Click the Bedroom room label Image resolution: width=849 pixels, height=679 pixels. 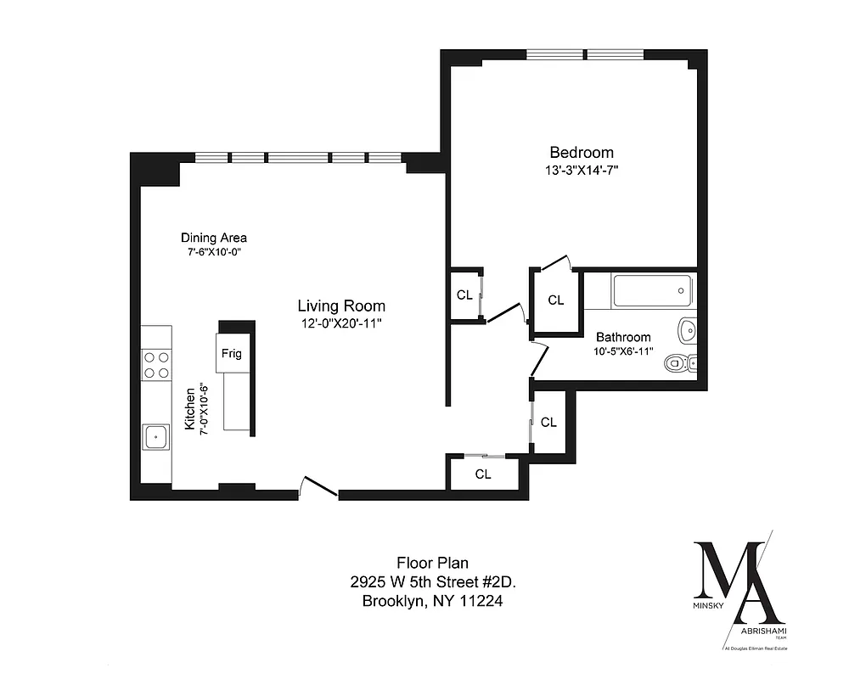pyautogui.click(x=582, y=153)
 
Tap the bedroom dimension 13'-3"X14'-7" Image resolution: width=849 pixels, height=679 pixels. pyautogui.click(x=582, y=171)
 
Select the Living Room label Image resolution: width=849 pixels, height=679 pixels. pyautogui.click(x=341, y=306)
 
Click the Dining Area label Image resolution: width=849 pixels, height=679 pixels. pyautogui.click(x=214, y=238)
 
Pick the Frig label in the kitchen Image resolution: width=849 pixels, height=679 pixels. pyautogui.click(x=231, y=353)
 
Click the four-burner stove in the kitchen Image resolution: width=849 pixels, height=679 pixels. pyautogui.click(x=155, y=364)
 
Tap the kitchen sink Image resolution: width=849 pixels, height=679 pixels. pyautogui.click(x=155, y=437)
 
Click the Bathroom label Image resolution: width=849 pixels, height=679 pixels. pyautogui.click(x=623, y=337)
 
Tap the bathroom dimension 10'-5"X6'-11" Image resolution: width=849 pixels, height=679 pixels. pyautogui.click(x=623, y=351)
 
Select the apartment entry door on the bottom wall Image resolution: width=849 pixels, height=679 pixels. pyautogui.click(x=319, y=491)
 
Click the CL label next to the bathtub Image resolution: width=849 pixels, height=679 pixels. pyautogui.click(x=555, y=300)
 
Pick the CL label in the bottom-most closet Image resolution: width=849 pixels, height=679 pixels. pyautogui.click(x=483, y=474)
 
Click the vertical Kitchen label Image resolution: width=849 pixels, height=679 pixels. pyautogui.click(x=190, y=408)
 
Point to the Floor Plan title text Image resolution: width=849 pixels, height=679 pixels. pyautogui.click(x=433, y=562)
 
